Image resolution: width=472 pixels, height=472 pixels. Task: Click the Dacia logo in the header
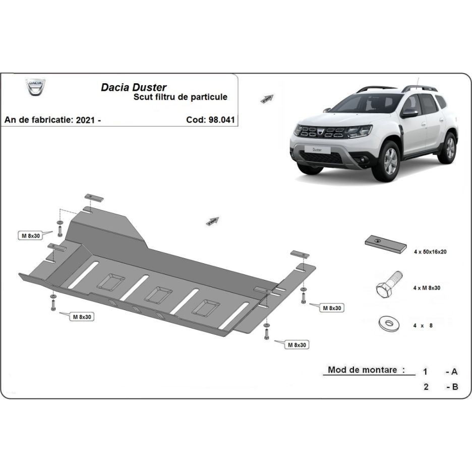[x=35, y=87]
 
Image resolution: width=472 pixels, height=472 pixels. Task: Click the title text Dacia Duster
[x=134, y=87]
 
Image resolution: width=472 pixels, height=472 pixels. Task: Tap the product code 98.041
[x=221, y=120]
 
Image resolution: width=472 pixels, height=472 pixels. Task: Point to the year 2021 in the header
[x=85, y=120]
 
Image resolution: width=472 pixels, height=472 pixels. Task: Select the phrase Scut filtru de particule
[x=181, y=97]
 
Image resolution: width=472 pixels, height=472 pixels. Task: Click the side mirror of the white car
[x=409, y=113]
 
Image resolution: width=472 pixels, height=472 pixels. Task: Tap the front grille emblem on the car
[x=321, y=131]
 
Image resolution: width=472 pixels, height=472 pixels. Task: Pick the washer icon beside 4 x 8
[x=389, y=324]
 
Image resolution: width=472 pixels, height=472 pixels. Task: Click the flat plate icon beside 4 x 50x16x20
[x=386, y=244]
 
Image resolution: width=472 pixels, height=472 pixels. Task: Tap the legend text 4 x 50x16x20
[x=430, y=252]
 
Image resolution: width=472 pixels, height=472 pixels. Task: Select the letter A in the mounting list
[x=454, y=372]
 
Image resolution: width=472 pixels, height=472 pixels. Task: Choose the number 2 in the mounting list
[x=426, y=386]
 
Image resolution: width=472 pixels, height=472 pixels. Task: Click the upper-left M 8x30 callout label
[x=31, y=235]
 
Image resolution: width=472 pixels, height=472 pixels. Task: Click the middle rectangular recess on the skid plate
[x=158, y=295]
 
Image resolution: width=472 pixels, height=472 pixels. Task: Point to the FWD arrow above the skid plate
[x=212, y=221]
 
